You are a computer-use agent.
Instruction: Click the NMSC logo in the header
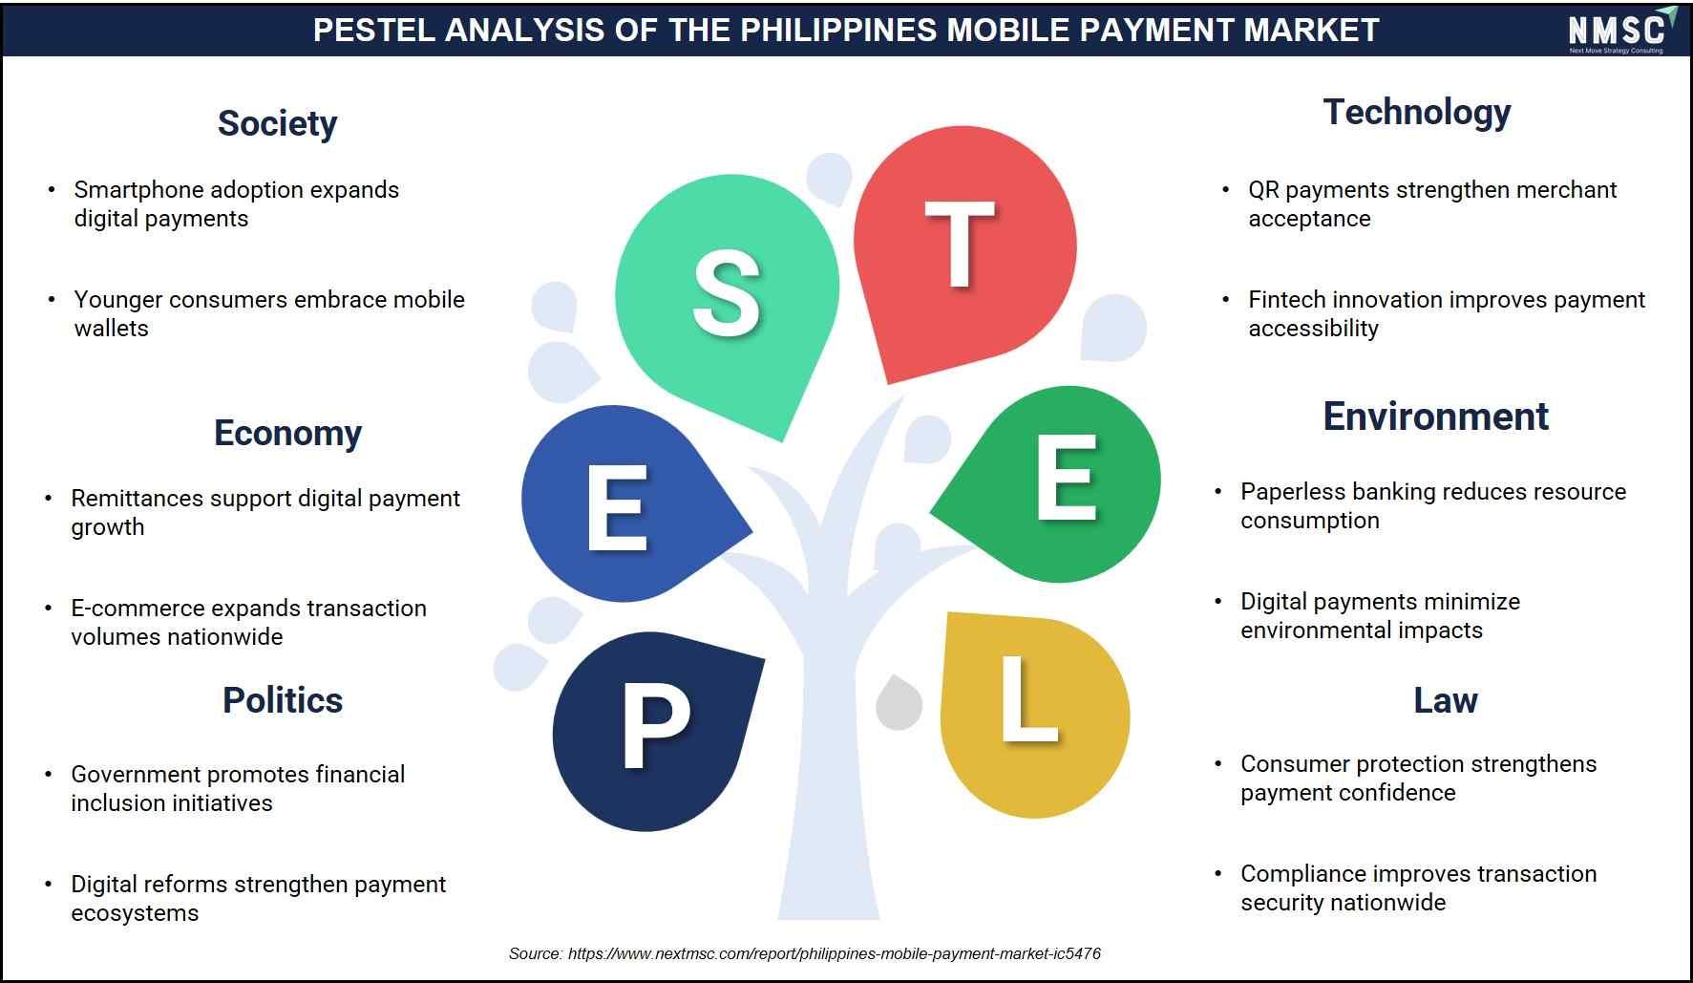[1621, 30]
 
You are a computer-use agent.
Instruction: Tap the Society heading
[277, 123]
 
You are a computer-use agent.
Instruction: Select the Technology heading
[1416, 113]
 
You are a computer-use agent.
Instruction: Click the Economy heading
[287, 433]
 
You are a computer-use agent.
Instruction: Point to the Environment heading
[1435, 417]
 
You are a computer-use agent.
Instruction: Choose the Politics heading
[283, 700]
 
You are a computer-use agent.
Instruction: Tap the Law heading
[1446, 700]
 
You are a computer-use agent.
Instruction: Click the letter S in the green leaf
[727, 293]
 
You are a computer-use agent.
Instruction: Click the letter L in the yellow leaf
[1028, 698]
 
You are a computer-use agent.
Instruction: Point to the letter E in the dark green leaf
[1066, 478]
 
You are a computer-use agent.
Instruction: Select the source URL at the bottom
[834, 953]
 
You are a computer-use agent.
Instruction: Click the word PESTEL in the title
[373, 30]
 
